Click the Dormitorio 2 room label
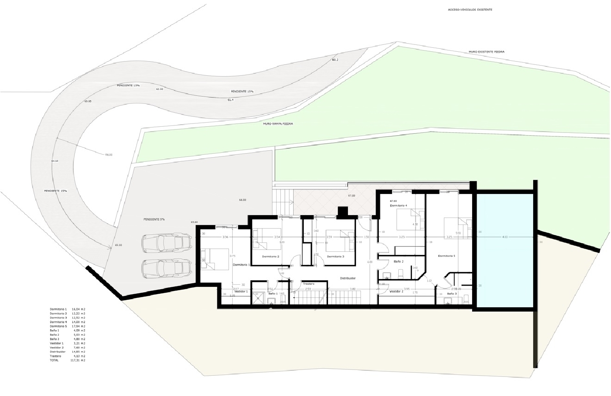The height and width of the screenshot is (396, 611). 270,257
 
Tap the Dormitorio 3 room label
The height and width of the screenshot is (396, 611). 335,257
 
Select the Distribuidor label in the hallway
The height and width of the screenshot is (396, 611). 348,278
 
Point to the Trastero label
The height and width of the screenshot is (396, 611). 308,284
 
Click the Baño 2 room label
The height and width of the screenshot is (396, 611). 398,262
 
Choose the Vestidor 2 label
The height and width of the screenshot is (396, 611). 396,292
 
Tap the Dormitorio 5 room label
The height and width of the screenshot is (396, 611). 446,256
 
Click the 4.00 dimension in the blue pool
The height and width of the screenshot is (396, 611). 505,237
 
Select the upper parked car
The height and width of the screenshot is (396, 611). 166,243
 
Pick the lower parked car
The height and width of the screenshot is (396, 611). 166,268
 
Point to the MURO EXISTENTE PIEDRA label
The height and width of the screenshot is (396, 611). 486,52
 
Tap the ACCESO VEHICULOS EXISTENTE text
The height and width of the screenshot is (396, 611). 470,9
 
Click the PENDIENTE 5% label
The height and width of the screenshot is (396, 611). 154,220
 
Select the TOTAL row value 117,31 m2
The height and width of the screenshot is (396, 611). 78,360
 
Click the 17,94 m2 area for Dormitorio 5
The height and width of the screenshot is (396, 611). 78,326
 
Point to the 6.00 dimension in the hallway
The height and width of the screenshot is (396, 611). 370,262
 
